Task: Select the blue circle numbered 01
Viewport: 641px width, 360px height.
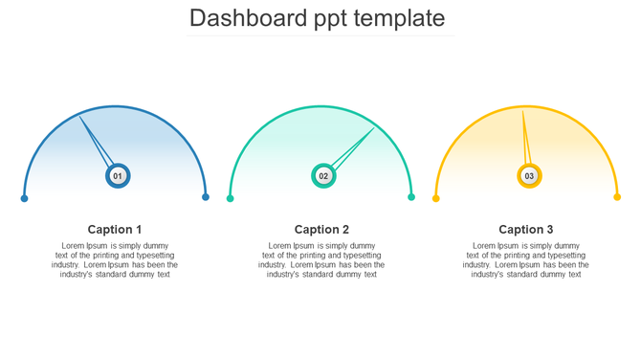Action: click(x=118, y=176)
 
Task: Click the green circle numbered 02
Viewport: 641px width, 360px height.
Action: click(x=323, y=176)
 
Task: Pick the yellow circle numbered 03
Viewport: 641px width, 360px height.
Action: click(x=529, y=176)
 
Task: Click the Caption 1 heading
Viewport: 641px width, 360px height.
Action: click(x=115, y=230)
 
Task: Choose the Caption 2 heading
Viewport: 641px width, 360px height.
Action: click(x=321, y=230)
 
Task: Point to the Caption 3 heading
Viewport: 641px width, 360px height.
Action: click(x=526, y=230)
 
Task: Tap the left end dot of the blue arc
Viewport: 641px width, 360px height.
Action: click(x=25, y=199)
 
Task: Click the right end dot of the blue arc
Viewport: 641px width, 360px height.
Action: click(x=206, y=197)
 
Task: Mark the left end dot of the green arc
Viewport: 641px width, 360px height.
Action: click(x=231, y=199)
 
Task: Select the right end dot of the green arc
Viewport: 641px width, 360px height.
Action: click(x=411, y=197)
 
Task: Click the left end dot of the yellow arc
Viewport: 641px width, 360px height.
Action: click(x=436, y=199)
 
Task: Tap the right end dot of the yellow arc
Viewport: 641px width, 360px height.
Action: click(x=617, y=197)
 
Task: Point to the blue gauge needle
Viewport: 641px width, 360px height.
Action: click(x=95, y=140)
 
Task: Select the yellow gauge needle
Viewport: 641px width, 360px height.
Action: click(x=524, y=139)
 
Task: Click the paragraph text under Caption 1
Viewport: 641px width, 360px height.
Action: click(x=115, y=260)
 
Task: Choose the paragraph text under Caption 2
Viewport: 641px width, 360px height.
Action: click(x=321, y=260)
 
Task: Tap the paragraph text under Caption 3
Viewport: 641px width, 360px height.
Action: click(x=526, y=260)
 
